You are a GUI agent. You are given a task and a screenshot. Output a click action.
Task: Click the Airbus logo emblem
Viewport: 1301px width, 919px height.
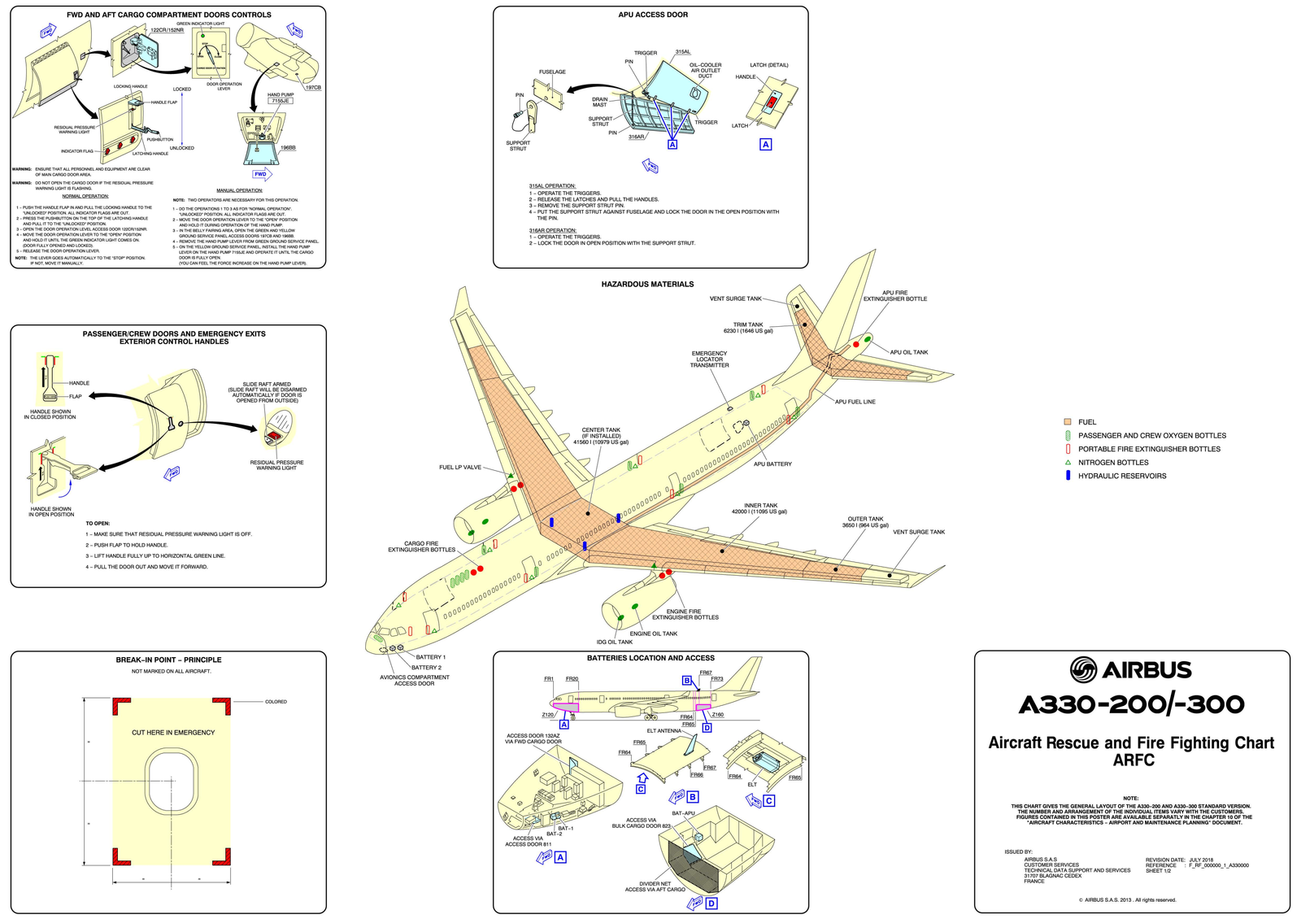1083,670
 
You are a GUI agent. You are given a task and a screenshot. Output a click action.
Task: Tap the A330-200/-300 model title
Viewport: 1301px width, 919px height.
1131,704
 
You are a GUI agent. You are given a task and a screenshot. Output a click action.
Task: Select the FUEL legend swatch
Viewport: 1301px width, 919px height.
1068,422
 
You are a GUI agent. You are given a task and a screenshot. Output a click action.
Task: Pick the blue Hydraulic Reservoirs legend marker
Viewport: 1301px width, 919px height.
1068,476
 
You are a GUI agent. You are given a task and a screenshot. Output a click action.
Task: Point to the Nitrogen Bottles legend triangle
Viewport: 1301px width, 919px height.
1068,462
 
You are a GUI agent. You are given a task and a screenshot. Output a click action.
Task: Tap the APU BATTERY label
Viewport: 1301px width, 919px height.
772,464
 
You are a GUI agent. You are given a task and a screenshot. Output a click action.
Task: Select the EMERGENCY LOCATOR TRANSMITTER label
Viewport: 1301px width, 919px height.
709,359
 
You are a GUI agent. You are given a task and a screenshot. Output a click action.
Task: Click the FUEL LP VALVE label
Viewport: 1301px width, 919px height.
460,468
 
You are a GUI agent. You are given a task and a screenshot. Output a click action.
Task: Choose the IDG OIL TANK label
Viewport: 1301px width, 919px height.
614,642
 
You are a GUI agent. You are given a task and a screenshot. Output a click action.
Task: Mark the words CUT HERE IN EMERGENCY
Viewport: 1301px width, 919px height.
173,733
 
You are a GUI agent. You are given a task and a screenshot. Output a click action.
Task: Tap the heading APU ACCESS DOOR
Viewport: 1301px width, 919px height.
653,15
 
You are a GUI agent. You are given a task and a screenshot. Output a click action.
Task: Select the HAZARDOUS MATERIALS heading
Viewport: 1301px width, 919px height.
647,285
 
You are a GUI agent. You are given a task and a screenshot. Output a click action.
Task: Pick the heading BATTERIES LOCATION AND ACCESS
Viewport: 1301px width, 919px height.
650,658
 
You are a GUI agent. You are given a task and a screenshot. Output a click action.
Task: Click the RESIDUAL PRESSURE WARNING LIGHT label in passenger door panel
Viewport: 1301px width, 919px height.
276,465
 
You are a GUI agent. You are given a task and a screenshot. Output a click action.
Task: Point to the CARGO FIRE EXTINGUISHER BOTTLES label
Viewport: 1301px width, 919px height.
421,547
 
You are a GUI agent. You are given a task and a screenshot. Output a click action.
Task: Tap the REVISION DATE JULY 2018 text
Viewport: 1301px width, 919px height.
1179,860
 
